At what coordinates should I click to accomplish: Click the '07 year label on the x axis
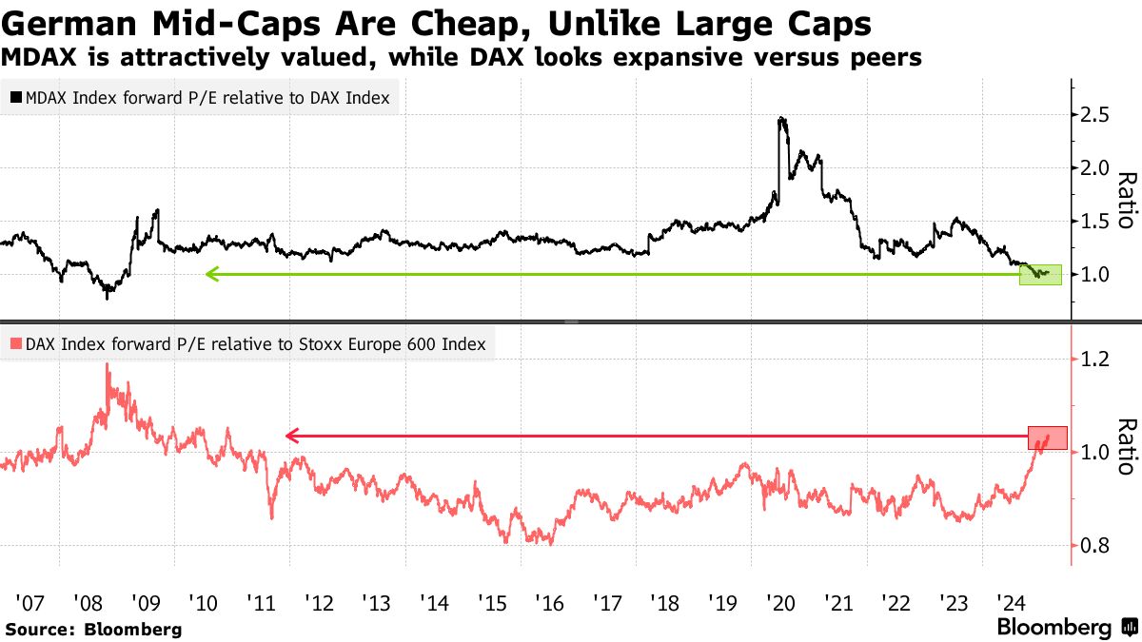pyautogui.click(x=30, y=602)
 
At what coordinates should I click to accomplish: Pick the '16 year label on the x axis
pyautogui.click(x=549, y=602)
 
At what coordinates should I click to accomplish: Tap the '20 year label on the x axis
pyautogui.click(x=780, y=602)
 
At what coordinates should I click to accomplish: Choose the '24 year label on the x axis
pyautogui.click(x=1011, y=602)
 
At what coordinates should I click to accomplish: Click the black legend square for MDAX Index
pyautogui.click(x=16, y=98)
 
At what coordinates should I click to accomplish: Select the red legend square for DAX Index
pyautogui.click(x=16, y=344)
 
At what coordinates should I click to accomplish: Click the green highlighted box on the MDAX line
pyautogui.click(x=1039, y=274)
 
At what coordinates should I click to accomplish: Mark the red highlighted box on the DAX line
pyautogui.click(x=1047, y=438)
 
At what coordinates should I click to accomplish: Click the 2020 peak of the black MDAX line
pyautogui.click(x=781, y=119)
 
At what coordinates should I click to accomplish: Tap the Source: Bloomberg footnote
pyautogui.click(x=92, y=629)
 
